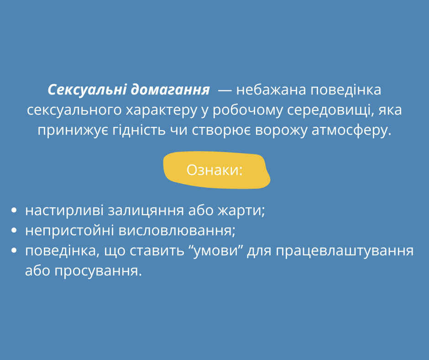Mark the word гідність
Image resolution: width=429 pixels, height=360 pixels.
tap(139, 130)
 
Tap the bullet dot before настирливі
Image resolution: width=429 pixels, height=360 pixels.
tap(14, 211)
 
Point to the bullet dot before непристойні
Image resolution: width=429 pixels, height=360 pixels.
tap(14, 230)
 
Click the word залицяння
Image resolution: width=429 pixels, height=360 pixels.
tap(146, 211)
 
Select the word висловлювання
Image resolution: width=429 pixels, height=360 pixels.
tap(177, 231)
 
